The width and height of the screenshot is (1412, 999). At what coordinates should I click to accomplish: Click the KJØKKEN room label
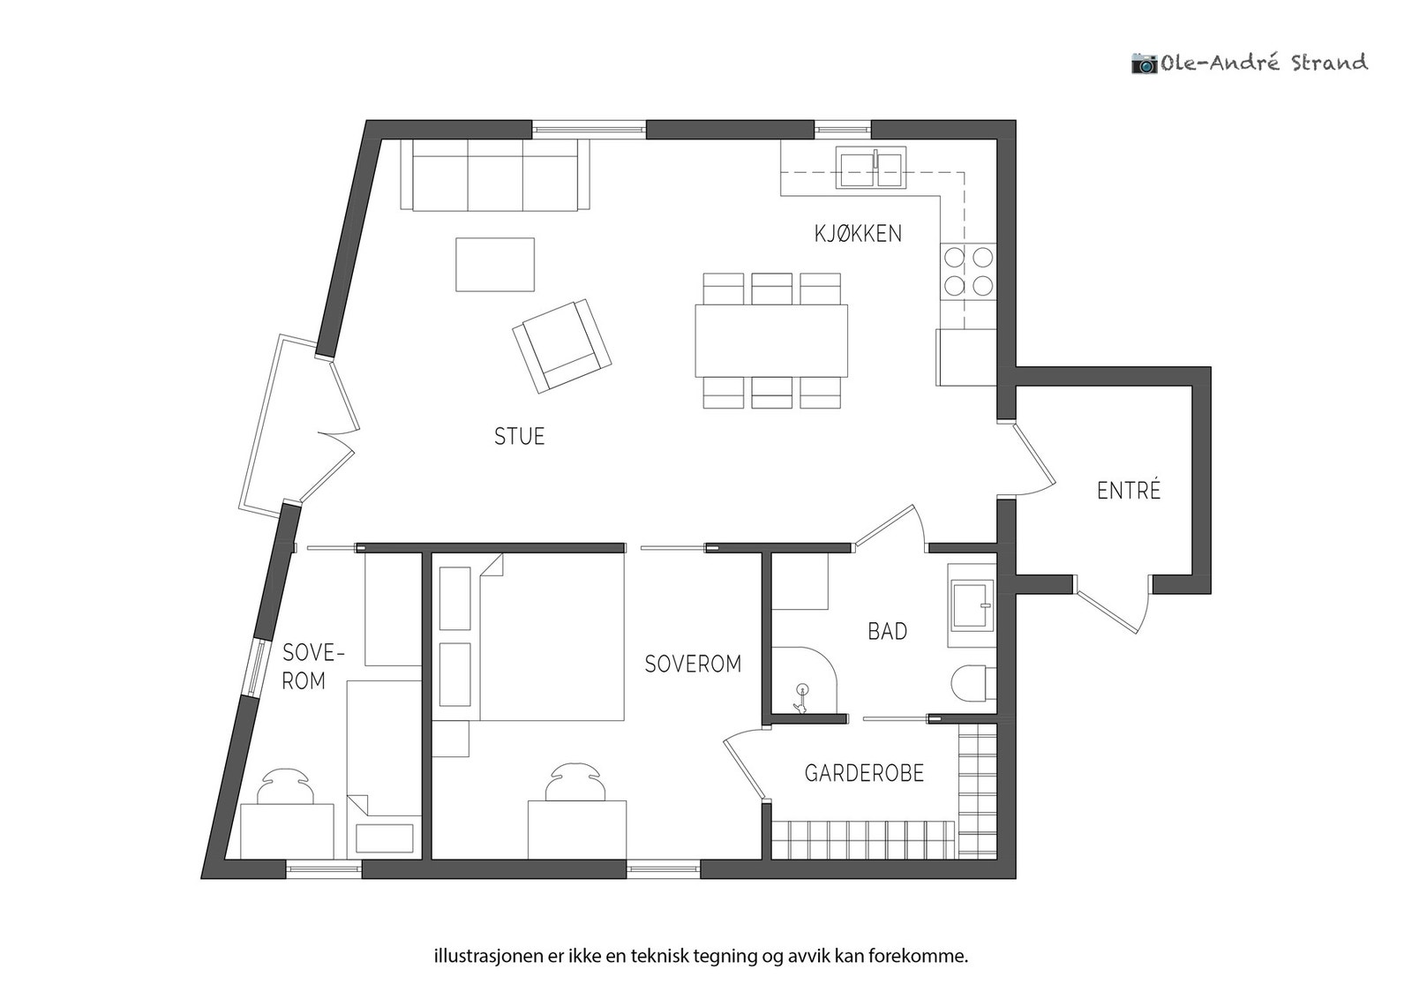[x=858, y=234]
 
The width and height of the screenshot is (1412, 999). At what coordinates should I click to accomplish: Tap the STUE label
[x=520, y=436]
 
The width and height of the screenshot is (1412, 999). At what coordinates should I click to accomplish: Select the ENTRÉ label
[x=1129, y=490]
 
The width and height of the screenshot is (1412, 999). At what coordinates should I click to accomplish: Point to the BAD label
[x=888, y=632]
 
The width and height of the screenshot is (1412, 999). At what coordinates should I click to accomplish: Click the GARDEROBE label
[x=864, y=773]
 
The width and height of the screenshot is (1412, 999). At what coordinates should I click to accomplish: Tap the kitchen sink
[x=871, y=167]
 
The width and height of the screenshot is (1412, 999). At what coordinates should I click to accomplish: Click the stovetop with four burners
[x=968, y=273]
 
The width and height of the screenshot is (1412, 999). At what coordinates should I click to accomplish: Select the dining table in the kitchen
[x=771, y=341]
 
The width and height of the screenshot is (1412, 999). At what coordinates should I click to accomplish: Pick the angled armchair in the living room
[x=561, y=346]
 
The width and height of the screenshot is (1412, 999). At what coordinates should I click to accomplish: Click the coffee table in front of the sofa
[x=495, y=265]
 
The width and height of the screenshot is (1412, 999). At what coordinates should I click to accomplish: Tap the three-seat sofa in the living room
[x=495, y=175]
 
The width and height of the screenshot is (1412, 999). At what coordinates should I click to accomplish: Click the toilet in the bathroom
[x=973, y=682]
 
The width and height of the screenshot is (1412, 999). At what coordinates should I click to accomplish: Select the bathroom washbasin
[x=972, y=605]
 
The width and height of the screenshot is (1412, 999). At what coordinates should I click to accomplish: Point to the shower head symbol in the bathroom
[x=802, y=698]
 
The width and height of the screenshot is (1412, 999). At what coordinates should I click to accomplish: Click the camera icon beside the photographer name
[x=1145, y=64]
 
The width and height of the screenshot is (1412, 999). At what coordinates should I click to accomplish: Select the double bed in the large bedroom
[x=531, y=636]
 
